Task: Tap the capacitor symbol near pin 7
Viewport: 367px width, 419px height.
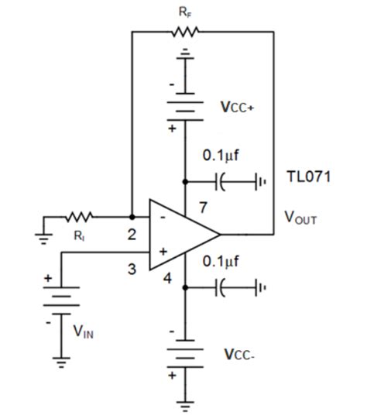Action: pyautogui.click(x=223, y=183)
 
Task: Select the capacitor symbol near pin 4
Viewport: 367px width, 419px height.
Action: pyautogui.click(x=223, y=287)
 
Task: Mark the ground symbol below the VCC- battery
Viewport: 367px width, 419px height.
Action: pyautogui.click(x=185, y=404)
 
